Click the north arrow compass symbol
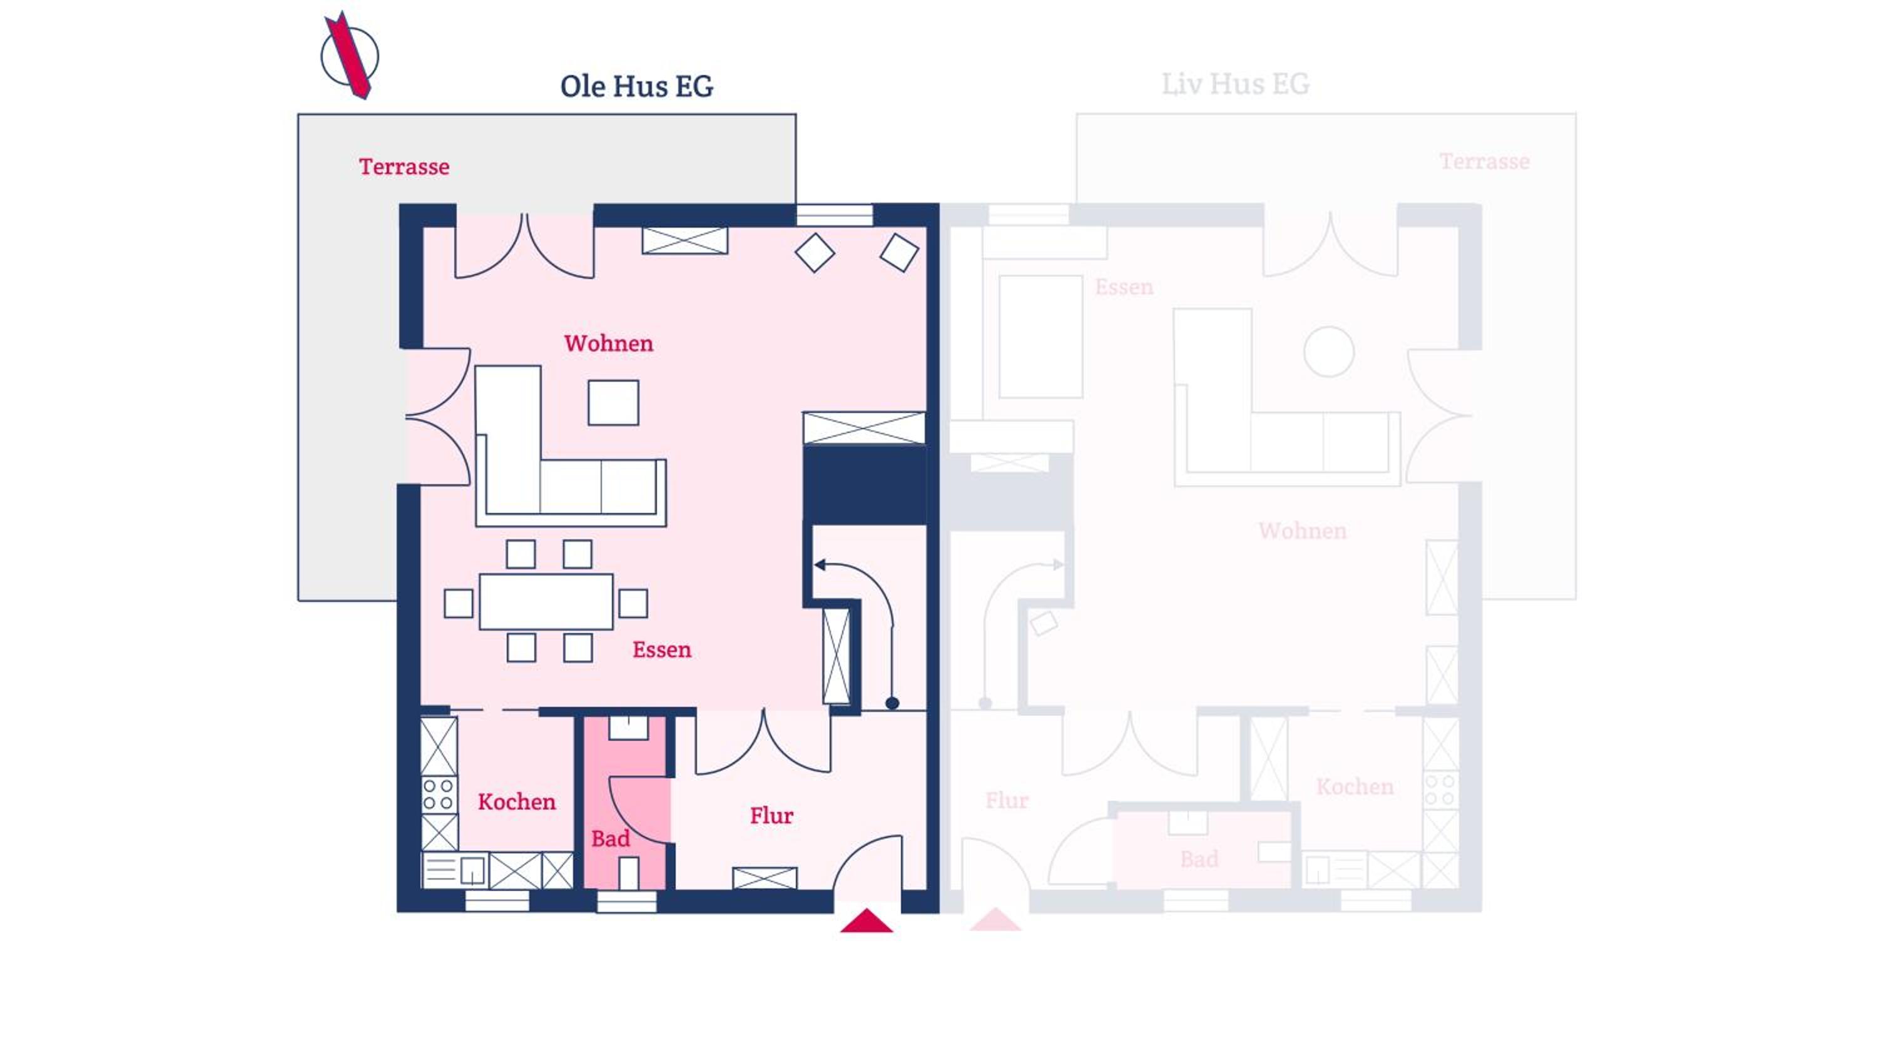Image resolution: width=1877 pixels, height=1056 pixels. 350,56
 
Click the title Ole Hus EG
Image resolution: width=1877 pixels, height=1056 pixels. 637,86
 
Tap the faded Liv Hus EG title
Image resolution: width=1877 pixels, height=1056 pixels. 1236,84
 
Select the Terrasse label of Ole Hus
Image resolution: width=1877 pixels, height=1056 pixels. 404,166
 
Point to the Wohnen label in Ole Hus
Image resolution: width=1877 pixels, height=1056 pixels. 608,343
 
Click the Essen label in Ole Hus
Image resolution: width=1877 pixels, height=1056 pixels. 661,649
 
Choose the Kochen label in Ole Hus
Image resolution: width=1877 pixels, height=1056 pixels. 517,801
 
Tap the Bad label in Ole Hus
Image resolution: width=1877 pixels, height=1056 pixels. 611,839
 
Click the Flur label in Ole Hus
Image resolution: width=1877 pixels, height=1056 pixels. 771,816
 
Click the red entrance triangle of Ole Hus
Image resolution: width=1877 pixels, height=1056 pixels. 867,921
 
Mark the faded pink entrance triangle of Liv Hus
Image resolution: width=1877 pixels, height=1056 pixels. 995,920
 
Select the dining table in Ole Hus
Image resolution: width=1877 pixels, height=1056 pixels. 546,601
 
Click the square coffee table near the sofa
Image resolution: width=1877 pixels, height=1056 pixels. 614,402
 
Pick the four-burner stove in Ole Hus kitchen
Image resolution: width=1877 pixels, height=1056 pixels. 439,795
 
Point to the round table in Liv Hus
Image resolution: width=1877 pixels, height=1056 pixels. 1329,352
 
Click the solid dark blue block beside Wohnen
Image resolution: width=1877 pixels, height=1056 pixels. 865,485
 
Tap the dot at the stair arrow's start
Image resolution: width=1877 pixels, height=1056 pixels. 892,703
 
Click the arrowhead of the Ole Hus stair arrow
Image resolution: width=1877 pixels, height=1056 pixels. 820,565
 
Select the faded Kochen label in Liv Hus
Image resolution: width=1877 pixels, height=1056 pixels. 1355,786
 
